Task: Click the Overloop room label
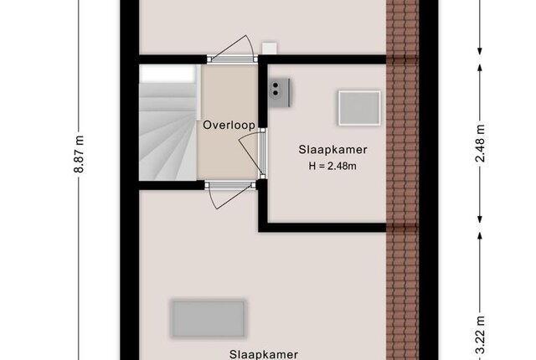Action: tap(229, 125)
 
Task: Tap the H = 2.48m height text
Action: tap(332, 166)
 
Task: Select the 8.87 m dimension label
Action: tap(79, 154)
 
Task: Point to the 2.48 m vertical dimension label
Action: tap(480, 143)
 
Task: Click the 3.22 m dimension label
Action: tap(480, 335)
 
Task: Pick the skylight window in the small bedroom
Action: tap(359, 108)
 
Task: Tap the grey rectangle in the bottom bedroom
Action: tap(209, 318)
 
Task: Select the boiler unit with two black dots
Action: tap(280, 93)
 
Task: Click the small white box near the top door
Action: tap(270, 49)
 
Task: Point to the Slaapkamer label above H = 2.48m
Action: tap(333, 150)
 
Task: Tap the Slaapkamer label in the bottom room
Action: tap(264, 354)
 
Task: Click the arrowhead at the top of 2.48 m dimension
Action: tap(480, 68)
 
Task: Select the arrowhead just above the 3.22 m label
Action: tap(480, 236)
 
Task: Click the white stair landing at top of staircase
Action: tap(168, 75)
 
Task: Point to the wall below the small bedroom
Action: tap(322, 228)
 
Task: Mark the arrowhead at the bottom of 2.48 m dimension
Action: tap(480, 219)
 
